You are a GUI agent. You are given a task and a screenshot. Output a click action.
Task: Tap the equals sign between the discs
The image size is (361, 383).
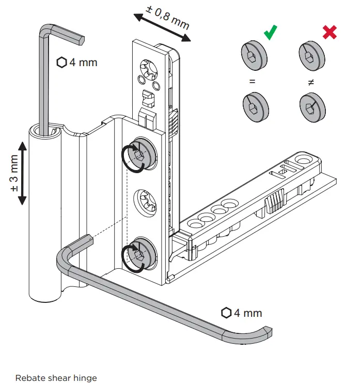(253, 82)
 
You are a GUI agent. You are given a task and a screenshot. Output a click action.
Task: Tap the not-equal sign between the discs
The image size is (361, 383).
(311, 82)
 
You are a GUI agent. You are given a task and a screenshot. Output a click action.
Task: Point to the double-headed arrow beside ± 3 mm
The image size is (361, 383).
(23, 172)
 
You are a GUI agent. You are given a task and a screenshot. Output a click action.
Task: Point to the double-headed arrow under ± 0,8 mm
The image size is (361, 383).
(162, 28)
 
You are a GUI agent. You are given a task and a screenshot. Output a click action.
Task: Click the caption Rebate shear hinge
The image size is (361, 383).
(56, 378)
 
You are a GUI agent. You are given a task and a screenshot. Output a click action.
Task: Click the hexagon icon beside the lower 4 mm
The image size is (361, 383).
(226, 313)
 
